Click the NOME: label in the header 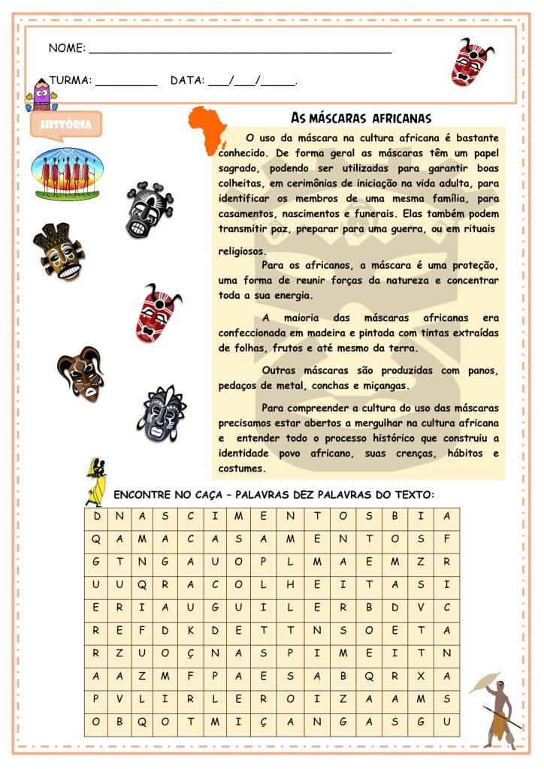[66, 48]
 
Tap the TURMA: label [70, 80]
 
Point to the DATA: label [186, 80]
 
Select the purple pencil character [40, 97]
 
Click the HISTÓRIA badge [65, 125]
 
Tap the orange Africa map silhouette [207, 128]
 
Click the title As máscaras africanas [360, 119]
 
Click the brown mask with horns [81, 373]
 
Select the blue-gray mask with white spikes [164, 414]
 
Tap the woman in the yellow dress [96, 481]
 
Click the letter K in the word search [190, 630]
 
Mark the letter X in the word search [421, 676]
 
